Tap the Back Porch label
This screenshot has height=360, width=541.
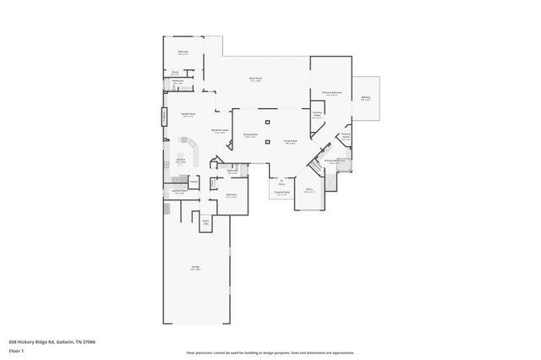[x=255, y=79]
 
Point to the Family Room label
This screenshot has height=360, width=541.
[x=188, y=114]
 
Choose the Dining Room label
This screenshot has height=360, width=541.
[x=251, y=135]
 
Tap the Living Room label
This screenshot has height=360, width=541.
[x=290, y=142]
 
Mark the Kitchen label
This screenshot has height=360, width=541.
[x=180, y=160]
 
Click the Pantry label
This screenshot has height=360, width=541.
[x=194, y=181]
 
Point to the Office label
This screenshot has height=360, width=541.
[x=309, y=189]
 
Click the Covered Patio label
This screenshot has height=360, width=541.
[x=281, y=194]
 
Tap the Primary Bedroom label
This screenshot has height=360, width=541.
[x=331, y=93]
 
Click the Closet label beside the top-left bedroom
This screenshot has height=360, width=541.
[x=175, y=73]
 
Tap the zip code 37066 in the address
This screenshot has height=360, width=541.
[x=87, y=341]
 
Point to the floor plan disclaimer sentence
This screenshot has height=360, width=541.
[x=270, y=352]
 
